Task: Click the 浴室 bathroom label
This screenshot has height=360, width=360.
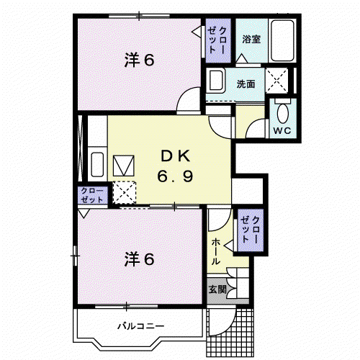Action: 251,39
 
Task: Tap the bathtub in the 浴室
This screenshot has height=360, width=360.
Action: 282,40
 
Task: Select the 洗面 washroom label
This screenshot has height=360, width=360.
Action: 246,84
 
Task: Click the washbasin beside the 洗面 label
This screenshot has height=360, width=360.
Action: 216,80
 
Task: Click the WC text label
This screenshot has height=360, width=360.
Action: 282,131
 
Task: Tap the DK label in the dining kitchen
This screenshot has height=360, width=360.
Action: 176,156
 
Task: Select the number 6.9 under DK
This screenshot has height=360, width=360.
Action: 175,176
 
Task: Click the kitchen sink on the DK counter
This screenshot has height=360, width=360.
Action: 97,165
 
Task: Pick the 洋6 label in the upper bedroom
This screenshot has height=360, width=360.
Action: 139,60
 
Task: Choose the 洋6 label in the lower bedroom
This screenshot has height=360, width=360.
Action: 139,259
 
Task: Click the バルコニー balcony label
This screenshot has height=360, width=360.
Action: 141,326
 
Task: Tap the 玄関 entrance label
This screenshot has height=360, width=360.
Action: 217,289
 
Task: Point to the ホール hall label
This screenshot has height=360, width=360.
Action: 216,251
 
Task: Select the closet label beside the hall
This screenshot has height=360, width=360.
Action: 251,230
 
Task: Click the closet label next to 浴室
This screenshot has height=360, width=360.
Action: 217,40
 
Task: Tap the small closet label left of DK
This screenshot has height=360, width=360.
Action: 92,195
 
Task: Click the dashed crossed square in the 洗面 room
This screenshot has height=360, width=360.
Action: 276,80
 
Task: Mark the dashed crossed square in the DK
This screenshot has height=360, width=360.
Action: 125,193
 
